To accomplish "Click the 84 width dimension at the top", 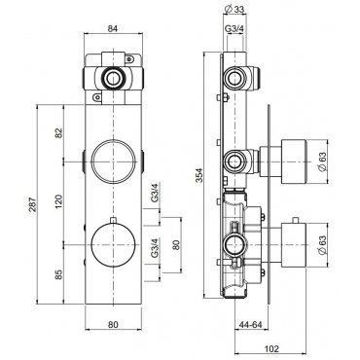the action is (x=113, y=28).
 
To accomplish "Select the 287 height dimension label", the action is (x=33, y=204).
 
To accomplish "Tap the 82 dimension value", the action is (x=58, y=133).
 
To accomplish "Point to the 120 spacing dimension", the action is (x=58, y=201).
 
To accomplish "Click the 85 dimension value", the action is (x=58, y=274).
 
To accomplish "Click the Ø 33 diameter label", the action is (x=234, y=10).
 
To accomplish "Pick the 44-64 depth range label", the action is (x=250, y=324).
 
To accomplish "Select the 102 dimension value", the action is (x=271, y=348).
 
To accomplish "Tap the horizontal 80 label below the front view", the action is (x=113, y=324).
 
